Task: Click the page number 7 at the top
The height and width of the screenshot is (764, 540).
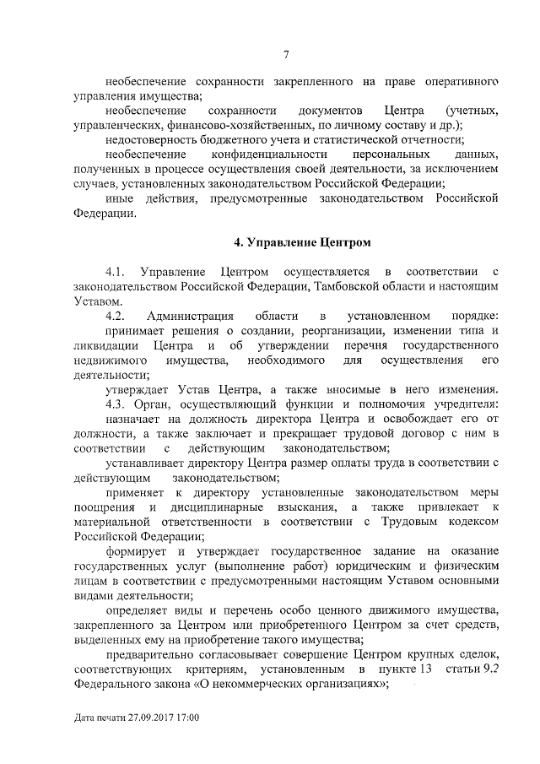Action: tap(286, 55)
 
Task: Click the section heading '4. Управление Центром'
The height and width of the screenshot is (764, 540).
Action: tap(302, 243)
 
